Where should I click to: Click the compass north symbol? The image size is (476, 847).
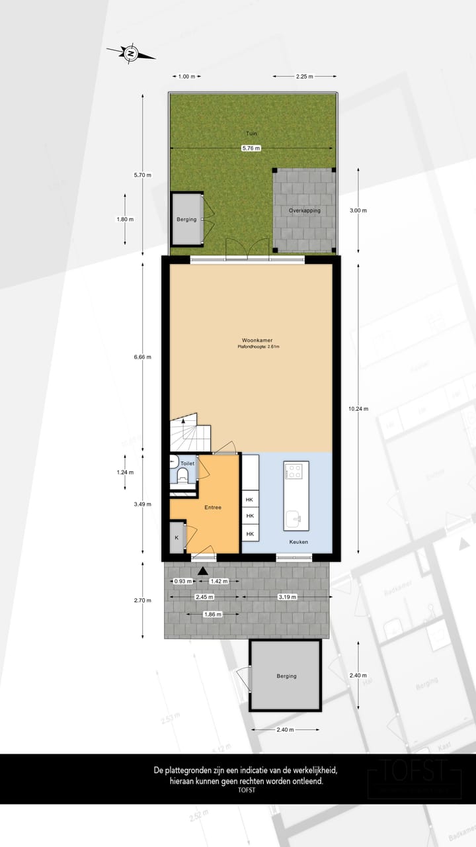pos(131,53)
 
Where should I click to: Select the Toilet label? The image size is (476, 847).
pos(188,464)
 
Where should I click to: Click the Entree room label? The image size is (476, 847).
pos(212,508)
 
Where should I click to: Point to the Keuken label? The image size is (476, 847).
pos(299,542)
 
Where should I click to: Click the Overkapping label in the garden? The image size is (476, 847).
pos(304,210)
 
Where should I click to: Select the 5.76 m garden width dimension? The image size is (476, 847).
pos(251,148)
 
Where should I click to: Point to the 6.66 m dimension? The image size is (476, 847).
pos(143,357)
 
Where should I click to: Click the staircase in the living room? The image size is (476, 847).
pos(189,433)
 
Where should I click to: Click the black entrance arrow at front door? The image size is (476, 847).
pos(203,570)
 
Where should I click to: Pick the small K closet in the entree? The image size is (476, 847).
pos(177,538)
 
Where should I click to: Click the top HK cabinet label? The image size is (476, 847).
pos(250,500)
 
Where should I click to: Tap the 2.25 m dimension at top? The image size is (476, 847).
pos(305,76)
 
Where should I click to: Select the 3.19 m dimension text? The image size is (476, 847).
pos(287,597)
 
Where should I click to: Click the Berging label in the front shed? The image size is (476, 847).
pos(287,676)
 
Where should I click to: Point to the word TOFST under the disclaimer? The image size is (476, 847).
pos(247,789)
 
